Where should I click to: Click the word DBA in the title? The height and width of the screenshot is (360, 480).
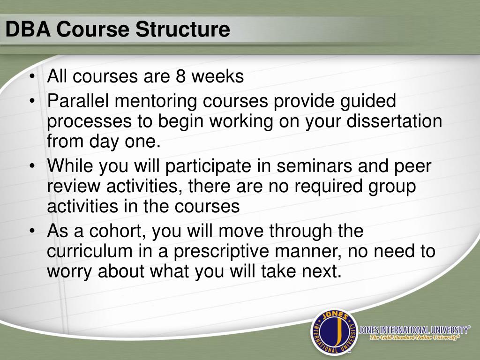coord(28,30)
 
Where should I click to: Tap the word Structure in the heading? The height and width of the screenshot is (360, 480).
coord(183,30)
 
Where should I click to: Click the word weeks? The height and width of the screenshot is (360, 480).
coord(217,76)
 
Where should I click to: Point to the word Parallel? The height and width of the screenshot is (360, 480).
coord(78,101)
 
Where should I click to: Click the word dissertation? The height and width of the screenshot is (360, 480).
coord(395,121)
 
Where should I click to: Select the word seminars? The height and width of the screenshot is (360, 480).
coord(315,166)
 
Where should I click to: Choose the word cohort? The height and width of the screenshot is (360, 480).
coord(118,231)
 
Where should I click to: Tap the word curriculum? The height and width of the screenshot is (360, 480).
coord(90,251)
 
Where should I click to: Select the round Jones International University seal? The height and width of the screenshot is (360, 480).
coord(334,332)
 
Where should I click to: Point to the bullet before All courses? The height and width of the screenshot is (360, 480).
coord(32,76)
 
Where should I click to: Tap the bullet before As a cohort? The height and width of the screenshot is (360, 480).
coord(32,231)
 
